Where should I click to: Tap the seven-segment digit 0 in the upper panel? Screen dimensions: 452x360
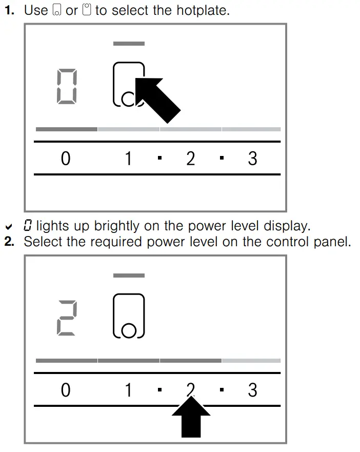67,87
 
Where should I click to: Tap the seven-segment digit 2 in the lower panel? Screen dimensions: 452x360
67,319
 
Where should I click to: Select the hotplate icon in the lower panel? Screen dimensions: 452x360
129,316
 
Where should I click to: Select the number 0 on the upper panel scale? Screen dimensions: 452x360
66,159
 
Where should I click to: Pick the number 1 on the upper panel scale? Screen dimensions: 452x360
128,159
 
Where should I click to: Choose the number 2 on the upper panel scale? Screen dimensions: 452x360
190,159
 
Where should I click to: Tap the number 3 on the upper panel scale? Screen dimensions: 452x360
252,159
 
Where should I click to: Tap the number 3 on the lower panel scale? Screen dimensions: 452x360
252,390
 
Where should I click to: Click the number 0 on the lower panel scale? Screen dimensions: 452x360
66,390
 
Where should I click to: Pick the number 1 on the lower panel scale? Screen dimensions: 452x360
128,390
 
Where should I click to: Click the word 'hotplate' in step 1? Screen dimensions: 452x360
201,10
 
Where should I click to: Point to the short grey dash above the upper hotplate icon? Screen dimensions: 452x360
129,44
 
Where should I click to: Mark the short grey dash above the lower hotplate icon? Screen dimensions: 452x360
129,276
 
